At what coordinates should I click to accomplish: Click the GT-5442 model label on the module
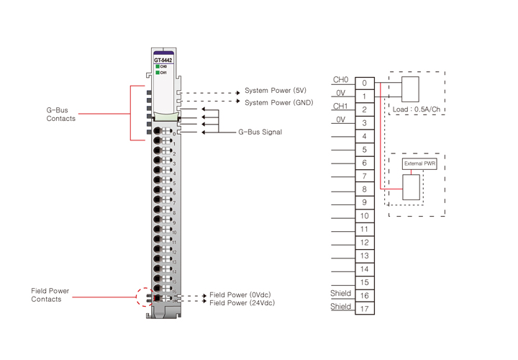point(163,60)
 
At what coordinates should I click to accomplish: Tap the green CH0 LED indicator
point(158,67)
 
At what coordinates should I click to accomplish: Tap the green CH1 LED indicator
point(158,73)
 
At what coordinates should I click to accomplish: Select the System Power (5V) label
point(276,91)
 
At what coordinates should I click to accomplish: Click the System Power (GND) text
point(278,103)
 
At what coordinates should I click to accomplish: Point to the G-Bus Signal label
point(260,132)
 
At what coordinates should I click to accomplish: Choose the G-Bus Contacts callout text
point(61,114)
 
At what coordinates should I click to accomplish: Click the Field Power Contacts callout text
point(50,295)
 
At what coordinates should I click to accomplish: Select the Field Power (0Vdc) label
point(240,295)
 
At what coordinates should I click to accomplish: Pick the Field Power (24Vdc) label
point(242,303)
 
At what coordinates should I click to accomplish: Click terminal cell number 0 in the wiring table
point(365,84)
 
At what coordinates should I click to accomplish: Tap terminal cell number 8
point(365,189)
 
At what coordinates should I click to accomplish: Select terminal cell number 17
point(365,309)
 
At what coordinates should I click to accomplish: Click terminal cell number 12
point(365,243)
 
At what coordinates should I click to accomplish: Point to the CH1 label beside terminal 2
point(340,107)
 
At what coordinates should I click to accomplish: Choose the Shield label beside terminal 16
point(341,294)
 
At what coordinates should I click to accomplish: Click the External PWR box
point(419,164)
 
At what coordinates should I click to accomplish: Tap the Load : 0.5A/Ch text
point(417,109)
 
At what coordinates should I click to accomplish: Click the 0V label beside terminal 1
point(341,93)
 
